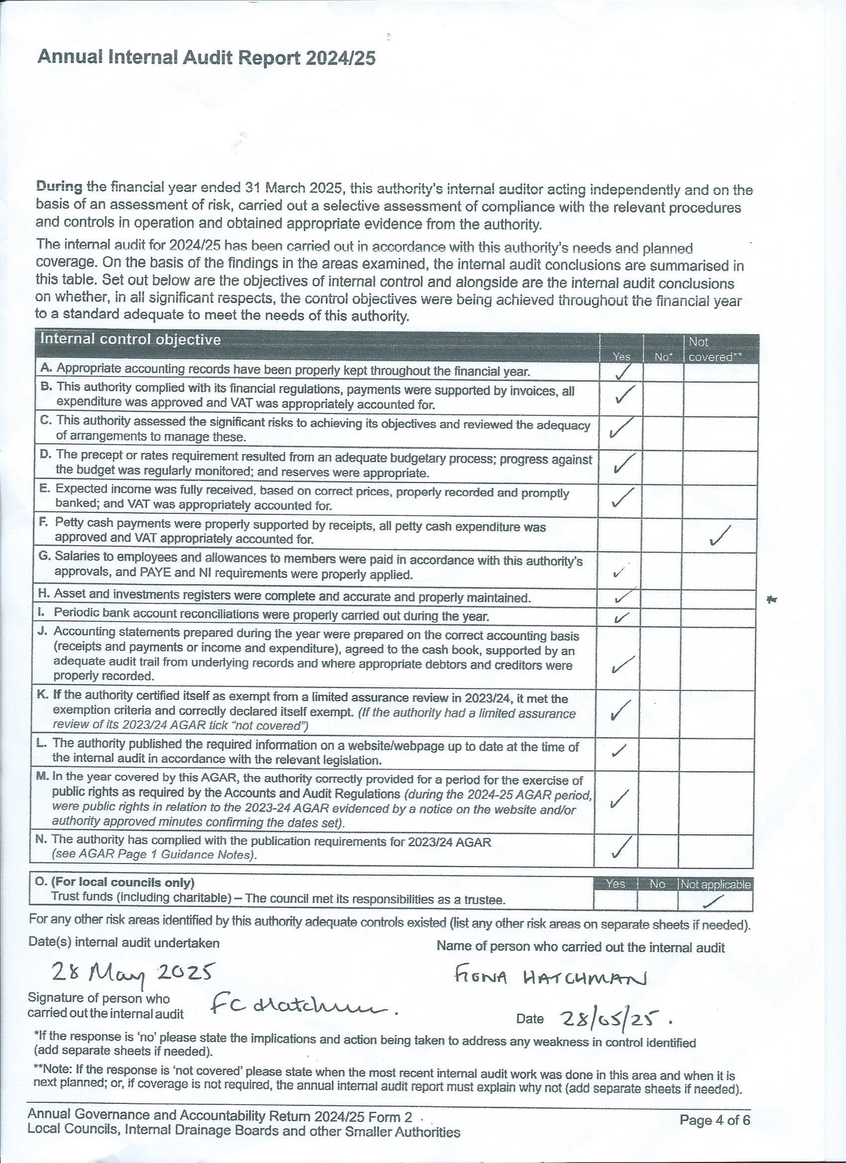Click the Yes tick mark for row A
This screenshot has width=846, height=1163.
pyautogui.click(x=623, y=373)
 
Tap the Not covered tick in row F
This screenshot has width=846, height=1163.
pyautogui.click(x=721, y=536)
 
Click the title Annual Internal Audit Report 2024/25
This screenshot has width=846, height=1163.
pyautogui.click(x=206, y=59)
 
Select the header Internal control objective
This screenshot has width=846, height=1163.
pyautogui.click(x=130, y=339)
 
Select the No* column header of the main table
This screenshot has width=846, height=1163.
pyautogui.click(x=663, y=357)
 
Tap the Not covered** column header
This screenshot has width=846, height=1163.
pyautogui.click(x=715, y=350)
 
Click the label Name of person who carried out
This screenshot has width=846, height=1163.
pyautogui.click(x=580, y=947)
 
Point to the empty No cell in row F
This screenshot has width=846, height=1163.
pyautogui.click(x=662, y=534)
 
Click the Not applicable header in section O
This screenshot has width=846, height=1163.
pyautogui.click(x=716, y=884)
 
